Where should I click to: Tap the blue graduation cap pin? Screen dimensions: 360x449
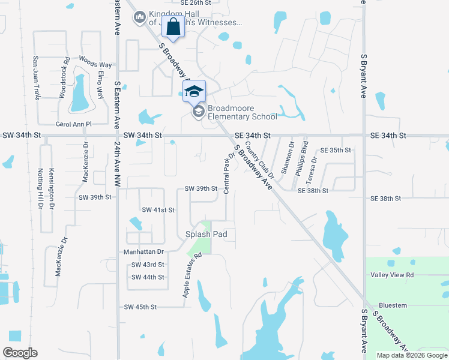[194, 92]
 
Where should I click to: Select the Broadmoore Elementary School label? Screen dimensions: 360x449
[243, 112]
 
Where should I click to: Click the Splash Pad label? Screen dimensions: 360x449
[205, 234]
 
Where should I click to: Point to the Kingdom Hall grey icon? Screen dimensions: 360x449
[140, 17]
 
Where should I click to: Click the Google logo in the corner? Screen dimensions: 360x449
[20, 353]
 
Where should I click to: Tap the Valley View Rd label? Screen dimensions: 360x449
[393, 275]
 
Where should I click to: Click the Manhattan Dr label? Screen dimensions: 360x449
[143, 252]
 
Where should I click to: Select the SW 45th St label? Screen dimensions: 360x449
[140, 307]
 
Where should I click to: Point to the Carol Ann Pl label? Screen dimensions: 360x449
[73, 124]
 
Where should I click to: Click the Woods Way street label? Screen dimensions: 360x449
[95, 64]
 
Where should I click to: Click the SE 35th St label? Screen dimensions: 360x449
[336, 150]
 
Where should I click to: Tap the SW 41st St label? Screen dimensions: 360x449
[158, 210]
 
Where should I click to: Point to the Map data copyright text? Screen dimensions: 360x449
[411, 355]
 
